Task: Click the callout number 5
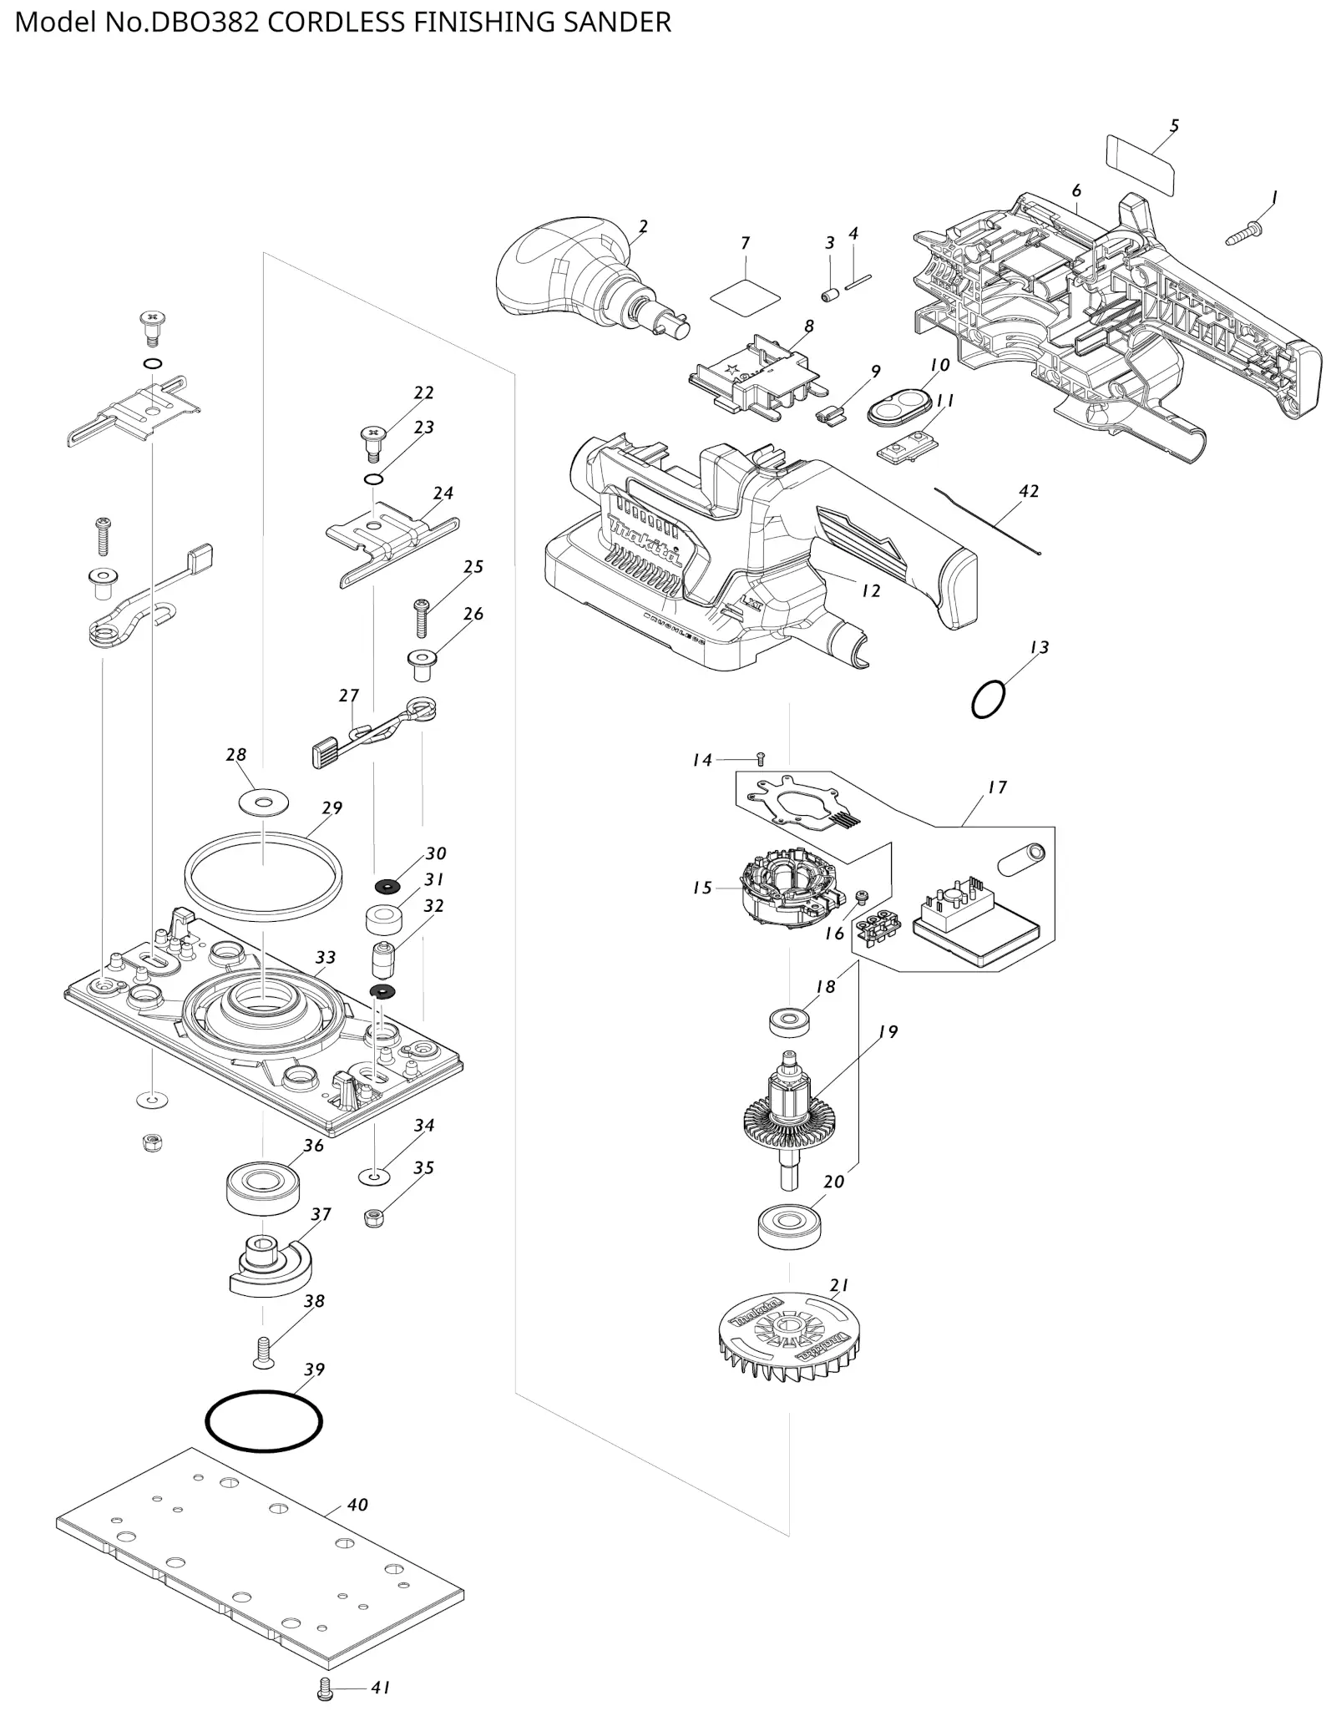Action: [x=1174, y=126]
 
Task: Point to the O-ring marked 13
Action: [x=988, y=699]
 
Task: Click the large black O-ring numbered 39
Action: [x=264, y=1420]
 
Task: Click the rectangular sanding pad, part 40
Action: [x=260, y=1553]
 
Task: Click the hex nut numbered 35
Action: [x=373, y=1218]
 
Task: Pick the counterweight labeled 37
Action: [x=269, y=1265]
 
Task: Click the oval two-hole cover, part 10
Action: [x=899, y=408]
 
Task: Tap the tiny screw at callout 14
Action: [x=760, y=758]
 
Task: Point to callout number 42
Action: [x=1029, y=491]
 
